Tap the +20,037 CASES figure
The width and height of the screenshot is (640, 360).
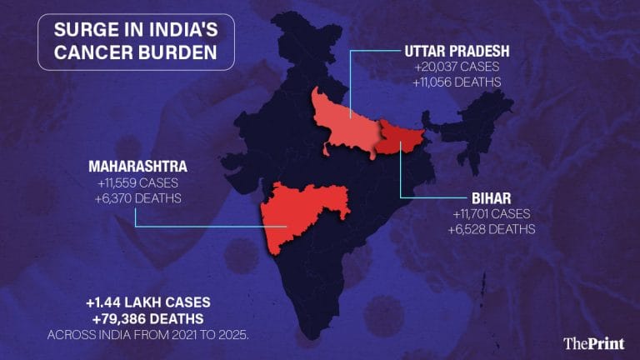coord(457,67)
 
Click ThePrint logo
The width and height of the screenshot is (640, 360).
coord(594,342)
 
